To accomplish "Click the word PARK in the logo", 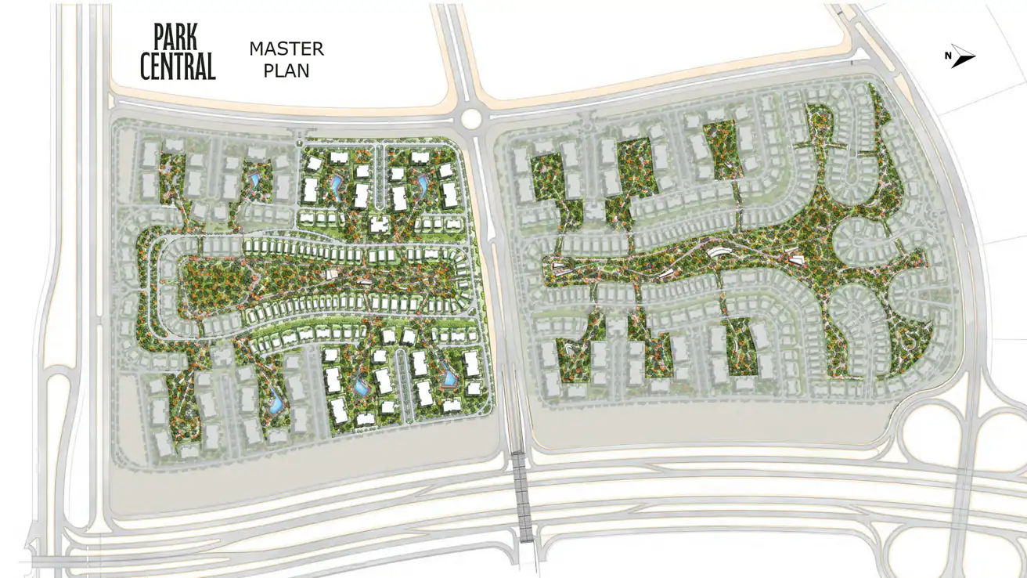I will (175, 37).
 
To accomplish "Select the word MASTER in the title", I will (286, 49).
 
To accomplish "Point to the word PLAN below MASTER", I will (286, 70).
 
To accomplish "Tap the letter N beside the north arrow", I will (947, 55).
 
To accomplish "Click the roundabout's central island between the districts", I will (471, 118).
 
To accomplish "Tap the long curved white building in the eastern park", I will (717, 253).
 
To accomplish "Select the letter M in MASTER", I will (257, 49).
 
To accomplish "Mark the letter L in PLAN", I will (277, 70).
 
